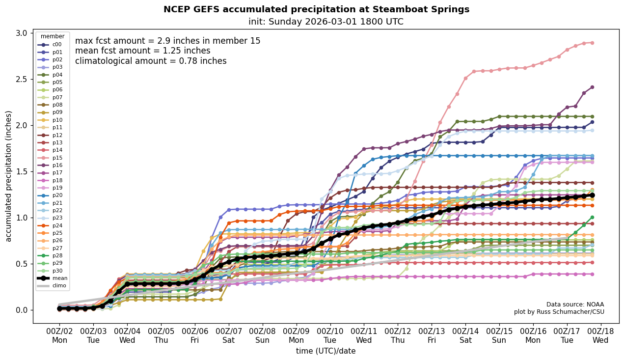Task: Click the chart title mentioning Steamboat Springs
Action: [316, 9]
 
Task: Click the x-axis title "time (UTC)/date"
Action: [326, 351]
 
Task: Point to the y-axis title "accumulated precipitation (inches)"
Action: [8, 176]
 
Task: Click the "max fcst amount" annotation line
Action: [167, 41]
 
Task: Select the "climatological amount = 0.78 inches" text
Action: [151, 61]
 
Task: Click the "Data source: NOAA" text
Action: [575, 305]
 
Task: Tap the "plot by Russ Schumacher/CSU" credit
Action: [559, 312]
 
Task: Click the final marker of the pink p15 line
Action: [592, 43]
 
